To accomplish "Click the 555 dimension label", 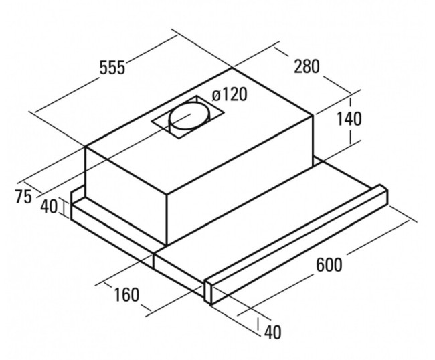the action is pos(112,68).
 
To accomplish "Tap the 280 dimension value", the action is pos(307,66).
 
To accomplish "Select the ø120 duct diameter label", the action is pos(229,94).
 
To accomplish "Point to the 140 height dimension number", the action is pos(349,119).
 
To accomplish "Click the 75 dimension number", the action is pos(23,197).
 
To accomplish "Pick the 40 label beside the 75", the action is pos(49,206).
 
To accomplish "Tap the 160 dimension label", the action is pos(126,295).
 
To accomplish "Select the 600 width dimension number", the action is pos(329,264).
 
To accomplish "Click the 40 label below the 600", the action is pos(273,332).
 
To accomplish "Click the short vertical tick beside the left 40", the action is pos(66,209).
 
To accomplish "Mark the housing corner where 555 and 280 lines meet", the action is pos(232,68).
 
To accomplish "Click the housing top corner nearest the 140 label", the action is pos(313,115).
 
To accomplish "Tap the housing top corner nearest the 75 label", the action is pos(86,146).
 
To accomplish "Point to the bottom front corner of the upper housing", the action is pos(167,245).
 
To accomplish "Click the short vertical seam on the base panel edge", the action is pos(153,260).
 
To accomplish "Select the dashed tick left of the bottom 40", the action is pos(258,323).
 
